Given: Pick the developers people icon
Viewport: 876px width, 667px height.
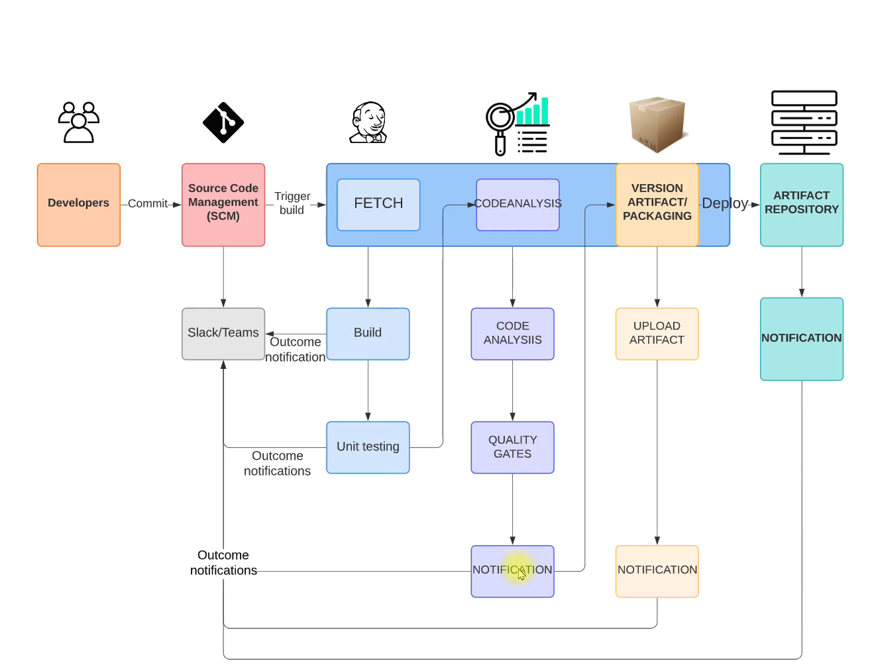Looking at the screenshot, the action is pyautogui.click(x=78, y=122).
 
